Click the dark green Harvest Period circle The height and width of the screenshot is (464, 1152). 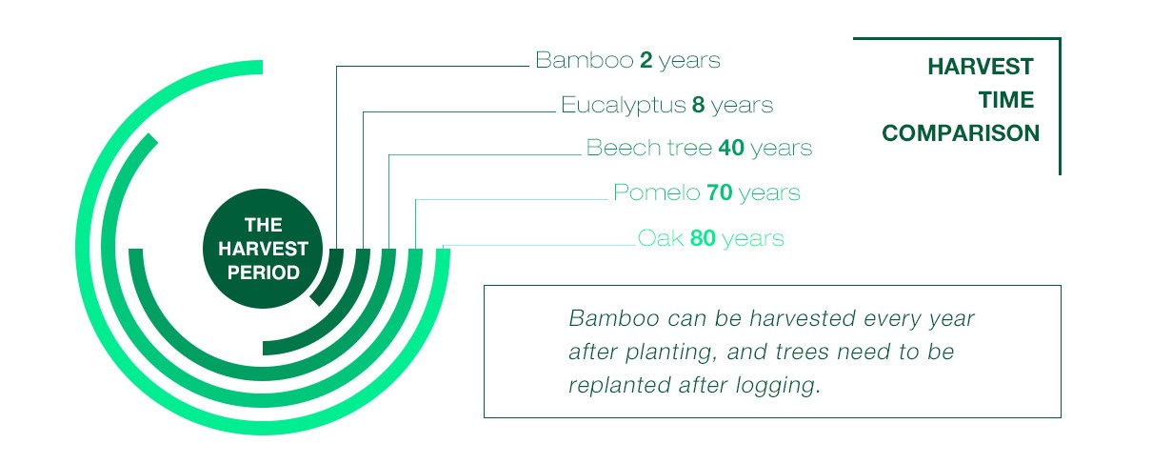pyautogui.click(x=263, y=249)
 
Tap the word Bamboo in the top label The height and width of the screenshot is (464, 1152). pyautogui.click(x=585, y=60)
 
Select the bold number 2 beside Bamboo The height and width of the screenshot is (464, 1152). pyautogui.click(x=646, y=60)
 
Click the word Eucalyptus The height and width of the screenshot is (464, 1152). pyautogui.click(x=624, y=106)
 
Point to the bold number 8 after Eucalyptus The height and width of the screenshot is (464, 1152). pyautogui.click(x=698, y=105)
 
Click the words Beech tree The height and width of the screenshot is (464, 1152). pyautogui.click(x=649, y=148)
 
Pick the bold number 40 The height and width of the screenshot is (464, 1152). pyautogui.click(x=731, y=148)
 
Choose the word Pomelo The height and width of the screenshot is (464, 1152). pyautogui.click(x=657, y=192)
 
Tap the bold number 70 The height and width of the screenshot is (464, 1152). pyautogui.click(x=720, y=192)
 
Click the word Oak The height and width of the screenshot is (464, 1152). pyautogui.click(x=661, y=238)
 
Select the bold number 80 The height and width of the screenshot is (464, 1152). pyautogui.click(x=703, y=238)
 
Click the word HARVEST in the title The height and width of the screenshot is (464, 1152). pyautogui.click(x=981, y=67)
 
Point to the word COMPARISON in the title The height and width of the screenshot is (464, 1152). pyautogui.click(x=961, y=133)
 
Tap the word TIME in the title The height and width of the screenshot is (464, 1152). pyautogui.click(x=1006, y=100)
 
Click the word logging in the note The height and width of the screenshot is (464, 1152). pyautogui.click(x=777, y=385)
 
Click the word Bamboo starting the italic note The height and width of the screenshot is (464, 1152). pyautogui.click(x=614, y=318)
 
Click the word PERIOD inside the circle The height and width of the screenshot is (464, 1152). pyautogui.click(x=264, y=272)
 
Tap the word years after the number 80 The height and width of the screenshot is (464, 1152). pyautogui.click(x=753, y=239)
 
